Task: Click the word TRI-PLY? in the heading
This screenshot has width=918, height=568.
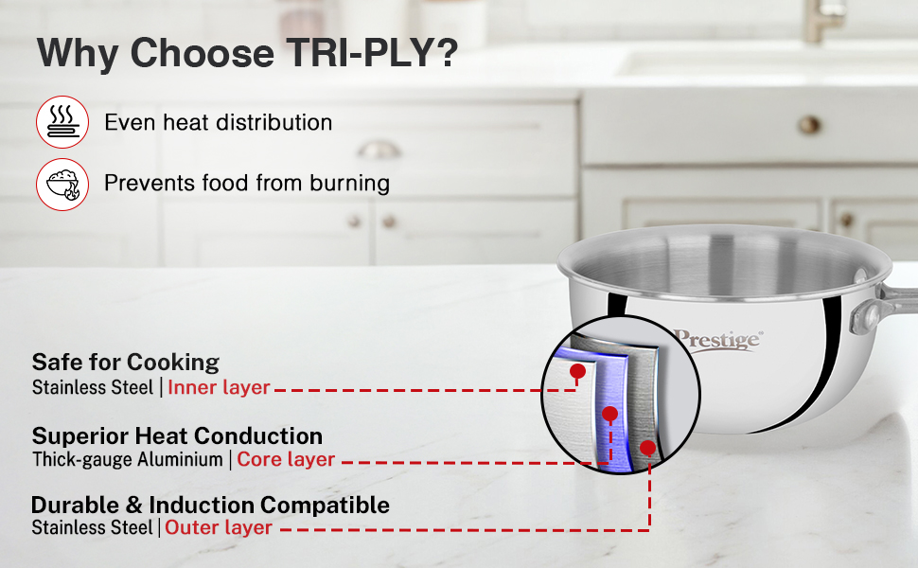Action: point(372,53)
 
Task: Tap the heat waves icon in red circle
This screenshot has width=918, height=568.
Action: point(62,122)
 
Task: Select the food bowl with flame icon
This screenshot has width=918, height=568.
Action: point(62,185)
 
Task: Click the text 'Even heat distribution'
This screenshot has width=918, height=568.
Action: point(219,122)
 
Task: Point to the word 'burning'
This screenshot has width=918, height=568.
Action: point(349,184)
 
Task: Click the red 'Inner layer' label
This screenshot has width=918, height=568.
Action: point(219,387)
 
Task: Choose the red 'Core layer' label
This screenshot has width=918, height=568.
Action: point(286,459)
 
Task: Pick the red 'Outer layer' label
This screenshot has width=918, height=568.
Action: point(219,527)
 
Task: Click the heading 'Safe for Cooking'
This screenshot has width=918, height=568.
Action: point(126,363)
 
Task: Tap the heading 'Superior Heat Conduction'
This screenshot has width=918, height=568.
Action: point(177,435)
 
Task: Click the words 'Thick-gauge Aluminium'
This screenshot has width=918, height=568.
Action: point(128,460)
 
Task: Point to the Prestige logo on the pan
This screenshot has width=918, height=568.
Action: point(717,339)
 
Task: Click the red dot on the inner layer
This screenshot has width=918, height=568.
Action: point(577,371)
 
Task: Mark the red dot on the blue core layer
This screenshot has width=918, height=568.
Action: point(610,415)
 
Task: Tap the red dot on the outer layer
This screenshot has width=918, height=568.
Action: point(647,449)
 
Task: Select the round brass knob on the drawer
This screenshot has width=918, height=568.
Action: point(809,125)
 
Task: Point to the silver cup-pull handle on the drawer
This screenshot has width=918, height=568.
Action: point(379,150)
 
